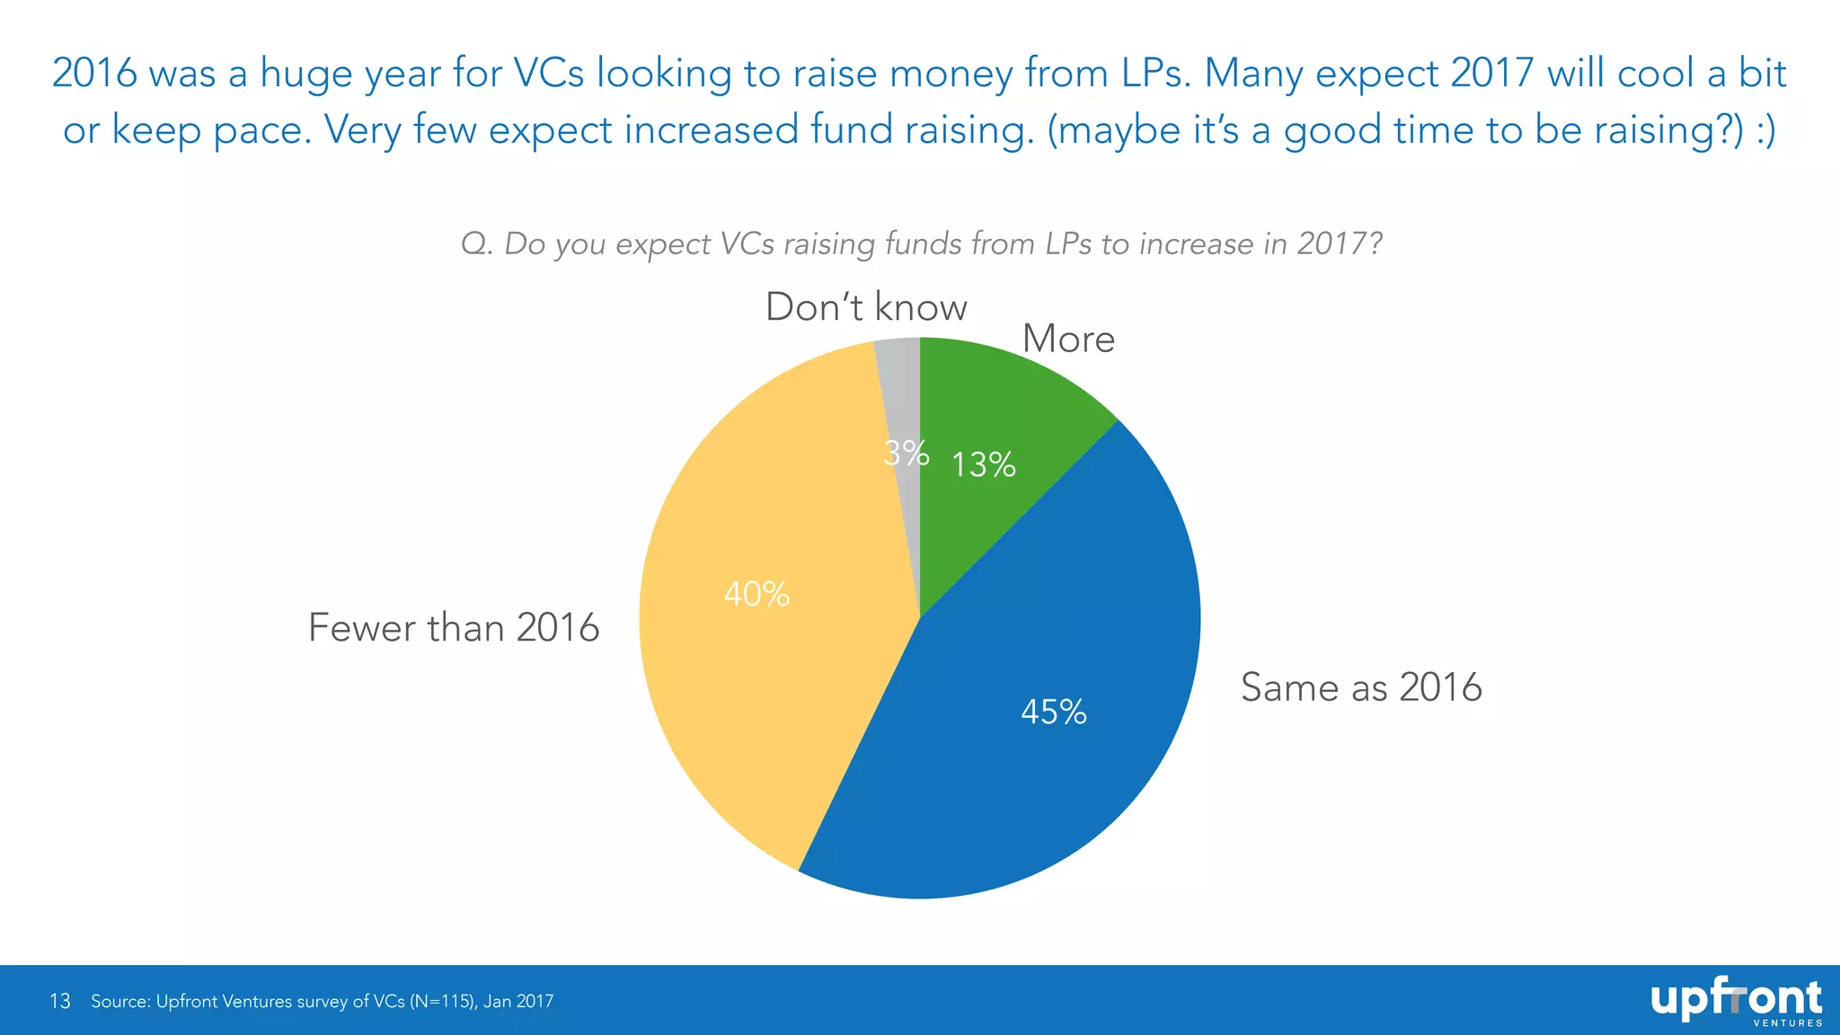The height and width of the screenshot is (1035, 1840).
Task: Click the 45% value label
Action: click(1054, 712)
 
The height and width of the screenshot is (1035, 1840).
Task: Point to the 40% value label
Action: click(756, 594)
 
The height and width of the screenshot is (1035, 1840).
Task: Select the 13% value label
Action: click(984, 464)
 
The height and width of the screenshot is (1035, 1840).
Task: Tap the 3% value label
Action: click(906, 453)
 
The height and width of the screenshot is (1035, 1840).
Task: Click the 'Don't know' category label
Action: click(866, 307)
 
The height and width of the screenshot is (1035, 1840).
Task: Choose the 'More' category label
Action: click(1068, 339)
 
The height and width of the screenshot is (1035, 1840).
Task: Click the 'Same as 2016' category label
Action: click(1361, 687)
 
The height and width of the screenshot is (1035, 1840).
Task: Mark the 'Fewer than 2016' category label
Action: click(454, 627)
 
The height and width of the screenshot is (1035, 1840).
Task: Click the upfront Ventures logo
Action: click(1736, 1002)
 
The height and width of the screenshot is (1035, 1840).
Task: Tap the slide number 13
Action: click(60, 1001)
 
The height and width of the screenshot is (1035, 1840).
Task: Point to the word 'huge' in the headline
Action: click(305, 73)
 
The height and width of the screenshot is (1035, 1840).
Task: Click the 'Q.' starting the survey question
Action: click(477, 243)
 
